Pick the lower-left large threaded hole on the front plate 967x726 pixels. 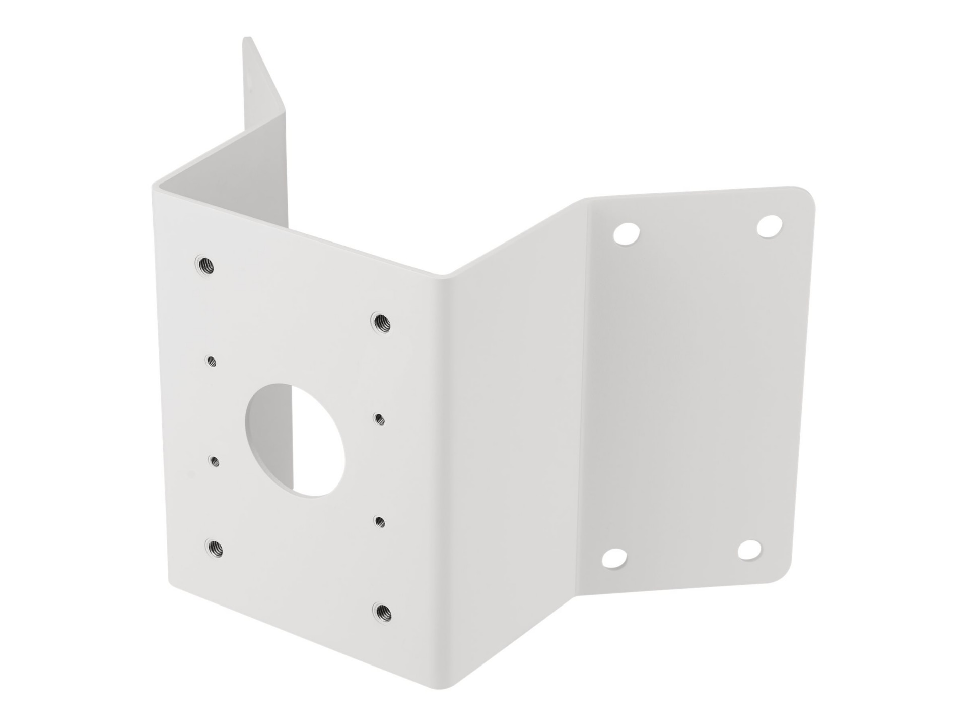click(214, 546)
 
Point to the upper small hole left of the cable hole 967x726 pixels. click(212, 361)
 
